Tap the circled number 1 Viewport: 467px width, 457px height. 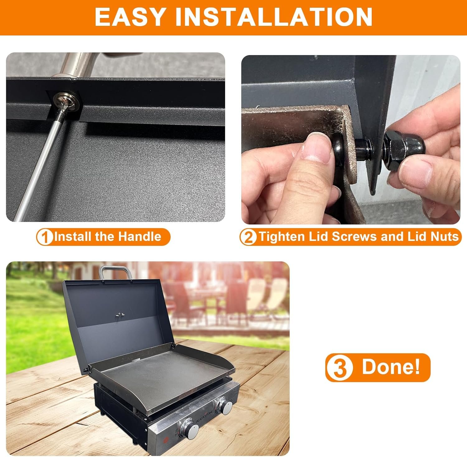(x=45, y=237)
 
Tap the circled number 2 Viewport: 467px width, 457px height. (x=248, y=237)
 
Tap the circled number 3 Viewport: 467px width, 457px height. (x=340, y=368)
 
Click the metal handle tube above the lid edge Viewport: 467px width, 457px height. (x=78, y=64)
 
